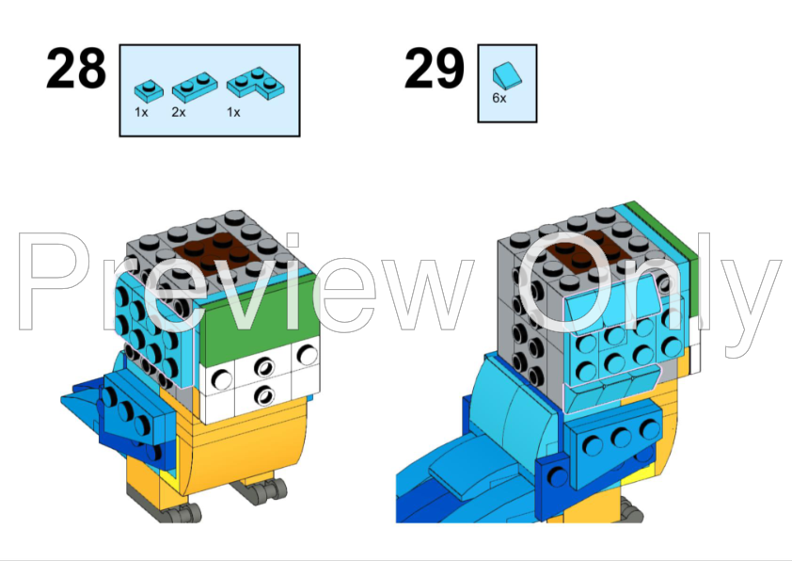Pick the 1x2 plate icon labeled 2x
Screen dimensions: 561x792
tap(192, 88)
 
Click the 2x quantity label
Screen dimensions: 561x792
tap(179, 112)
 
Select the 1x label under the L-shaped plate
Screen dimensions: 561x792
tap(233, 112)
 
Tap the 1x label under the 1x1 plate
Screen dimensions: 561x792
tap(141, 112)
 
